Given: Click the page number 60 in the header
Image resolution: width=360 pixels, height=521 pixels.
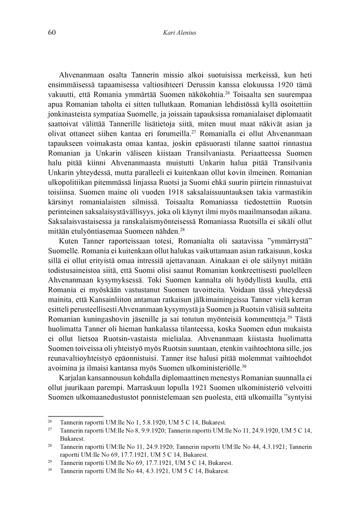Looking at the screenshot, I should tap(52, 33).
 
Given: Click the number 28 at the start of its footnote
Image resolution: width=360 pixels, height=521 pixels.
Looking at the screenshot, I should tap(50, 446).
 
